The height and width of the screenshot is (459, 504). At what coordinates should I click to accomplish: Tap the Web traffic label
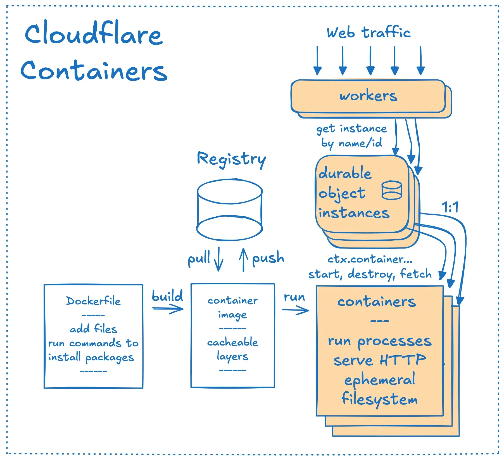369,32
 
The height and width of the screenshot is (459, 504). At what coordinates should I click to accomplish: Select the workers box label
368,96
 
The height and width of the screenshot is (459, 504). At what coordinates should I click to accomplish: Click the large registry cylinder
230,210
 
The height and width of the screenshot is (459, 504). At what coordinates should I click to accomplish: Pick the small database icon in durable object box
392,190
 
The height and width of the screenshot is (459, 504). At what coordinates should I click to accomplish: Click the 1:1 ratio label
450,207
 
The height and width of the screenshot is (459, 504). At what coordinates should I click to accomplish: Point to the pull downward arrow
218,259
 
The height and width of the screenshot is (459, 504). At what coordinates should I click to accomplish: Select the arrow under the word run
296,310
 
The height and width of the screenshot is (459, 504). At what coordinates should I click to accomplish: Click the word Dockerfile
93,301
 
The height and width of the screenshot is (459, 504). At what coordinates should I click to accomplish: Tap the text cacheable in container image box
232,342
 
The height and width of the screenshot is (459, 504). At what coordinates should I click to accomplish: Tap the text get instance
351,129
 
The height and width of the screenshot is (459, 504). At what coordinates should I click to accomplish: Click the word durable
345,173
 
